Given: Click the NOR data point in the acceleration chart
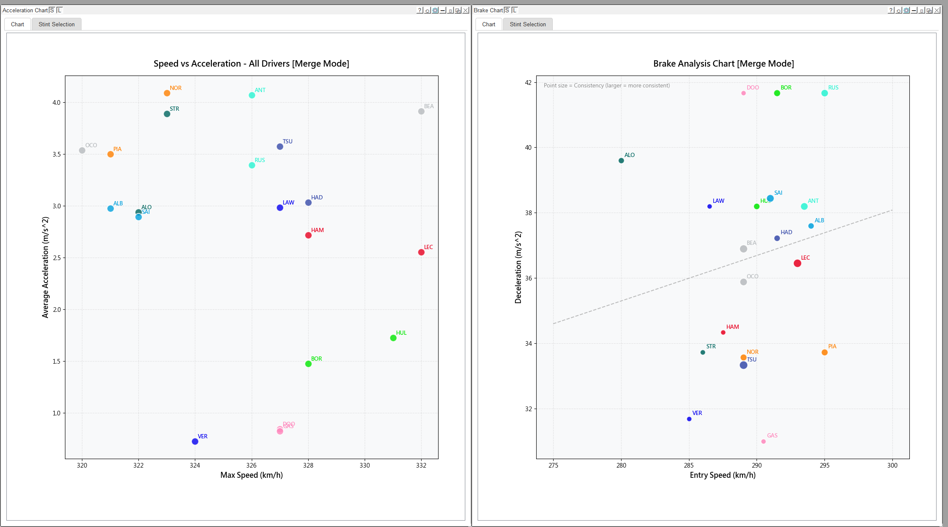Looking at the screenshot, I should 167,93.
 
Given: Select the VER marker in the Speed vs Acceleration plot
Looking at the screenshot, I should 195,442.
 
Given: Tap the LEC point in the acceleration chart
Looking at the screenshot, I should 421,252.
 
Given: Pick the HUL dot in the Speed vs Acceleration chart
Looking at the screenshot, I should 393,338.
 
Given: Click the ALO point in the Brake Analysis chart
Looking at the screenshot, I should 621,161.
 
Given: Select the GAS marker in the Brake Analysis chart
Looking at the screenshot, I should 763,442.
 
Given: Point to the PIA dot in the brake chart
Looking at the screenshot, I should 824,353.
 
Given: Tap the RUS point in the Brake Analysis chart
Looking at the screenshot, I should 824,93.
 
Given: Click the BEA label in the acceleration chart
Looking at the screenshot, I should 429,106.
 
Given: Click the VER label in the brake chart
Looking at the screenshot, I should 697,413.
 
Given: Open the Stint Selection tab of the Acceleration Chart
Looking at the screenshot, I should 56,25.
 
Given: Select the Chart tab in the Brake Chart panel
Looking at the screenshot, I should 489,25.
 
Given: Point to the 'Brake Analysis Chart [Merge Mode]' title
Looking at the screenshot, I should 723,64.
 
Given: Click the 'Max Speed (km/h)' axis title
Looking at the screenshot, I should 251,475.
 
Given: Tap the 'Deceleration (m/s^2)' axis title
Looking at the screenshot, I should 518,267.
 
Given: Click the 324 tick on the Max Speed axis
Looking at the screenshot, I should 195,465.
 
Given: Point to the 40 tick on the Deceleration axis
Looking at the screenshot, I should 528,148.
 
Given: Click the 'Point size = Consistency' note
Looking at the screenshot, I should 607,86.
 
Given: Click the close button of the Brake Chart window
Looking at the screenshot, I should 937,10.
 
